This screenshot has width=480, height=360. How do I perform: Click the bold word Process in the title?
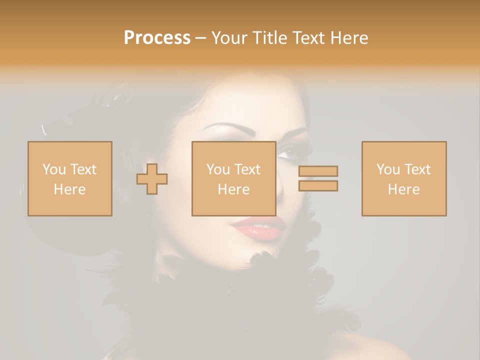pos(157,38)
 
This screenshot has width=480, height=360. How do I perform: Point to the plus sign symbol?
pos(152,179)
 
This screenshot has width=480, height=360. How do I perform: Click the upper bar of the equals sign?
pos(318,171)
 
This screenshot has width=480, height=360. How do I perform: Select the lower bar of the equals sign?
pos(318,185)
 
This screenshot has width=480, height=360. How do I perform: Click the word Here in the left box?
pos(69,189)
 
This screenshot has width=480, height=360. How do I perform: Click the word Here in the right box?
pos(404,189)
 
